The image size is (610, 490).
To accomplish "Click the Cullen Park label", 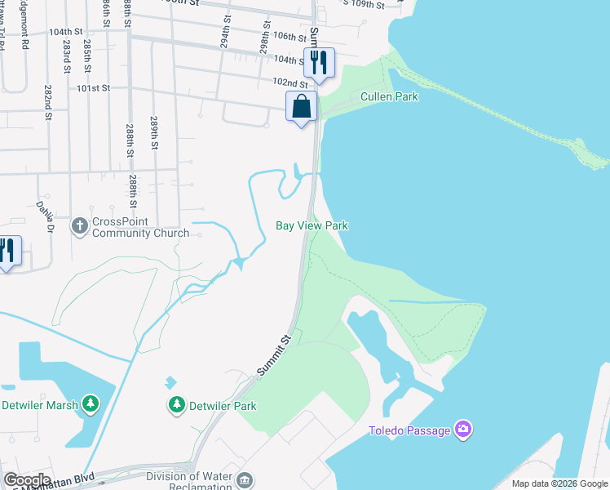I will tap(389, 96).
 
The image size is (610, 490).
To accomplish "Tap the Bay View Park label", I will tap(312, 225).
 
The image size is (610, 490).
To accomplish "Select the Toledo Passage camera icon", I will tap(463, 429).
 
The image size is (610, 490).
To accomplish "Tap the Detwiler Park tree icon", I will tap(176, 404).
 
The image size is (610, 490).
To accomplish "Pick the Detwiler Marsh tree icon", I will tap(91, 403).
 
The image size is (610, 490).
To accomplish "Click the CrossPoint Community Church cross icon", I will tap(79, 225).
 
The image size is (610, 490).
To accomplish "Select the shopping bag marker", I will tap(301, 106).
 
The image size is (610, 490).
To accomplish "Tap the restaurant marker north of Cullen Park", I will tap(319, 62).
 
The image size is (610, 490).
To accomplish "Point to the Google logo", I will tap(26, 480).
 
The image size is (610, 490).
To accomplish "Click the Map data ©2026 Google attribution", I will tap(559, 483).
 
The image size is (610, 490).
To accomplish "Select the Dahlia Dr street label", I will tap(44, 217).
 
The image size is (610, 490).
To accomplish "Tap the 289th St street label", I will tap(153, 133).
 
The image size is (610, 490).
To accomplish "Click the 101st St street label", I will tap(94, 87).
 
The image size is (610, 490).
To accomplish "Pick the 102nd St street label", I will tap(290, 83).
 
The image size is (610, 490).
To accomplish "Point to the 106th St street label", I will tap(289, 36).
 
